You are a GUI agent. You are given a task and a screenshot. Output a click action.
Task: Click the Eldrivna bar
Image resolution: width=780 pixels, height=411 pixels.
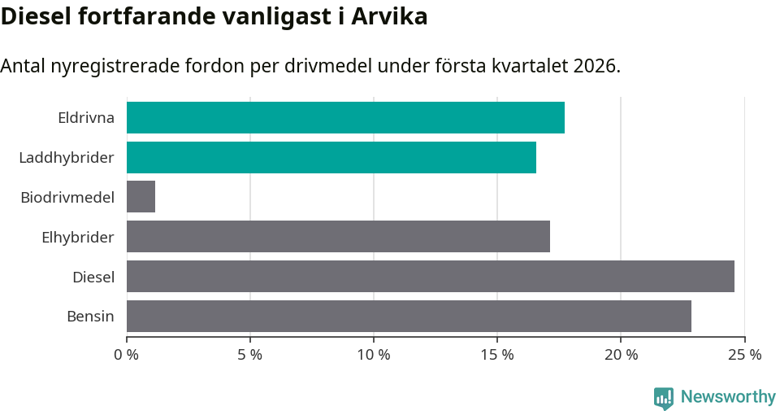click(x=345, y=117)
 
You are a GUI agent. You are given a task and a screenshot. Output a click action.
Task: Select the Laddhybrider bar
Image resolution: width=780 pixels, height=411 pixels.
click(x=331, y=157)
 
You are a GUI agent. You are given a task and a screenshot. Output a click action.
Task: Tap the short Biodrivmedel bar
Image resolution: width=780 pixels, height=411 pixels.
click(x=141, y=197)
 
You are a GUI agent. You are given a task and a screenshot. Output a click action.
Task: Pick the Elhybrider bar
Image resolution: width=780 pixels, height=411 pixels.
click(x=338, y=236)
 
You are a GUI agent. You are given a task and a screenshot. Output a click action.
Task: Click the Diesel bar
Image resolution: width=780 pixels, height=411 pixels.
click(x=431, y=276)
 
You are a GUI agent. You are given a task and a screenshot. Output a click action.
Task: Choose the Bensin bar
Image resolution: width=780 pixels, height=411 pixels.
click(x=409, y=316)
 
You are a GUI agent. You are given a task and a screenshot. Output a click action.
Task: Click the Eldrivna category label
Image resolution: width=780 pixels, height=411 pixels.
click(x=86, y=117)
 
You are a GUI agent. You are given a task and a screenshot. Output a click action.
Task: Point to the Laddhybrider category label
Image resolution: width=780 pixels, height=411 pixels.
click(x=67, y=157)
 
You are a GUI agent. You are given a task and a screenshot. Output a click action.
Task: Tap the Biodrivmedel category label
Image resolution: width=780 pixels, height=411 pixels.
click(x=67, y=197)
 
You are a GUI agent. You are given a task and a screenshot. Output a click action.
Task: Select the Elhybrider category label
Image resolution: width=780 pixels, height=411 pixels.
click(x=78, y=237)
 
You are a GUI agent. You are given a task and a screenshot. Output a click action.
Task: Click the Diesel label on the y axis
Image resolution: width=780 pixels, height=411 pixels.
click(x=93, y=277)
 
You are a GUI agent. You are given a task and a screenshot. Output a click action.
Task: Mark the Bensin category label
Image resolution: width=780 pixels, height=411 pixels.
click(x=90, y=316)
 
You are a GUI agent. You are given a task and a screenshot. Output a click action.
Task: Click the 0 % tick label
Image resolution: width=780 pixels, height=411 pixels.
click(x=127, y=355)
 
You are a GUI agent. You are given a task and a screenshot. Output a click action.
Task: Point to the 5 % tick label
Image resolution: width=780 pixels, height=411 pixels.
click(x=250, y=355)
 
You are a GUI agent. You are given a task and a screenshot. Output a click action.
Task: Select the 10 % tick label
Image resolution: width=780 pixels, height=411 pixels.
click(x=374, y=355)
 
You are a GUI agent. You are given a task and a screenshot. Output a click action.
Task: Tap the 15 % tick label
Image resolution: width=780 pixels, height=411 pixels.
click(x=497, y=355)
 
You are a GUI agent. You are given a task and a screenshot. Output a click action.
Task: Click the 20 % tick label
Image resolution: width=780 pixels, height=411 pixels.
click(x=621, y=355)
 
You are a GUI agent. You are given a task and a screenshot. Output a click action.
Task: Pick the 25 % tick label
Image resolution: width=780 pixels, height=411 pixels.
click(x=744, y=355)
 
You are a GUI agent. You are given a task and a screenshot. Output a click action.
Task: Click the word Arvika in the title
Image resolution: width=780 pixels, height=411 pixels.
click(x=389, y=16)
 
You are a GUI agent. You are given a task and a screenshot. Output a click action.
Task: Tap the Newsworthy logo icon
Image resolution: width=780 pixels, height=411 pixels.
click(x=664, y=397)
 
